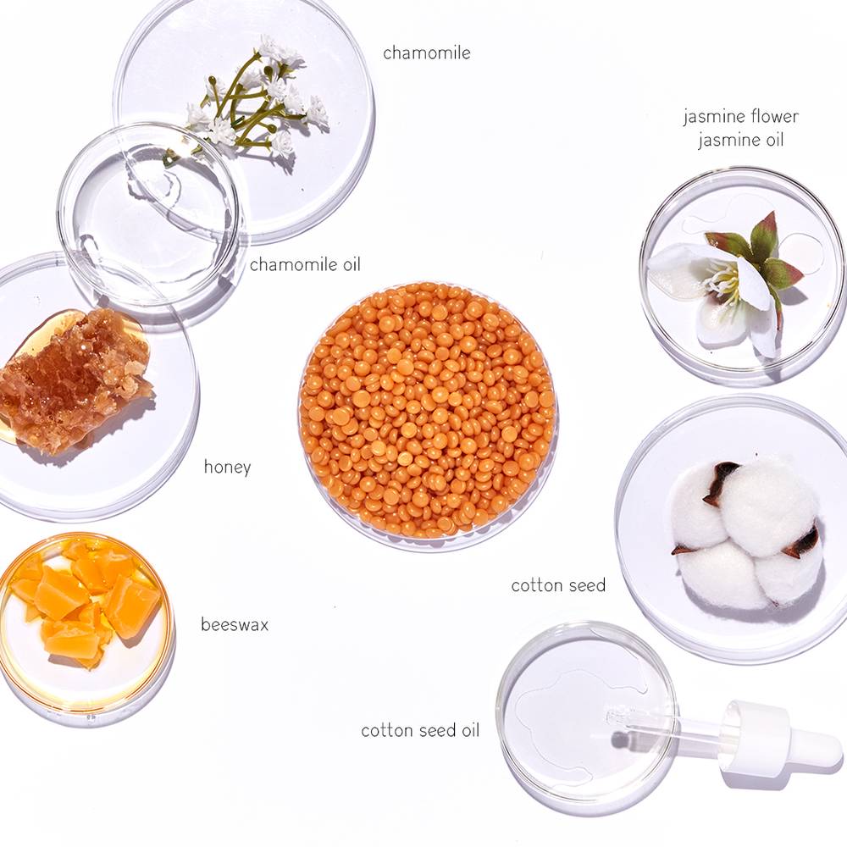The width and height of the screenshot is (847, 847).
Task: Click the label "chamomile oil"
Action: point(305,264)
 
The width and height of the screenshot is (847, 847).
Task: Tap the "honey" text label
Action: point(227,466)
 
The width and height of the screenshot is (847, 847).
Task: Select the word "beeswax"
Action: point(235,624)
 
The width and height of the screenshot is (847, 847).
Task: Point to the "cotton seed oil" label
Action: point(420,730)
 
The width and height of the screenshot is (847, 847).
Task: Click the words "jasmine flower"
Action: point(740,116)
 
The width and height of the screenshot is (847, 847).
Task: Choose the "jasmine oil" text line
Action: point(740,140)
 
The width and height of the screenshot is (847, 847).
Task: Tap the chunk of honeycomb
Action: point(75,381)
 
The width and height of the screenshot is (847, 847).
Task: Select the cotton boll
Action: point(748,532)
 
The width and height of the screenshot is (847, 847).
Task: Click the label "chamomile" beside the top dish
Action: point(427,53)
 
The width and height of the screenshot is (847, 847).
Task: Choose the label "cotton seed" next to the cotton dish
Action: point(558,585)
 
